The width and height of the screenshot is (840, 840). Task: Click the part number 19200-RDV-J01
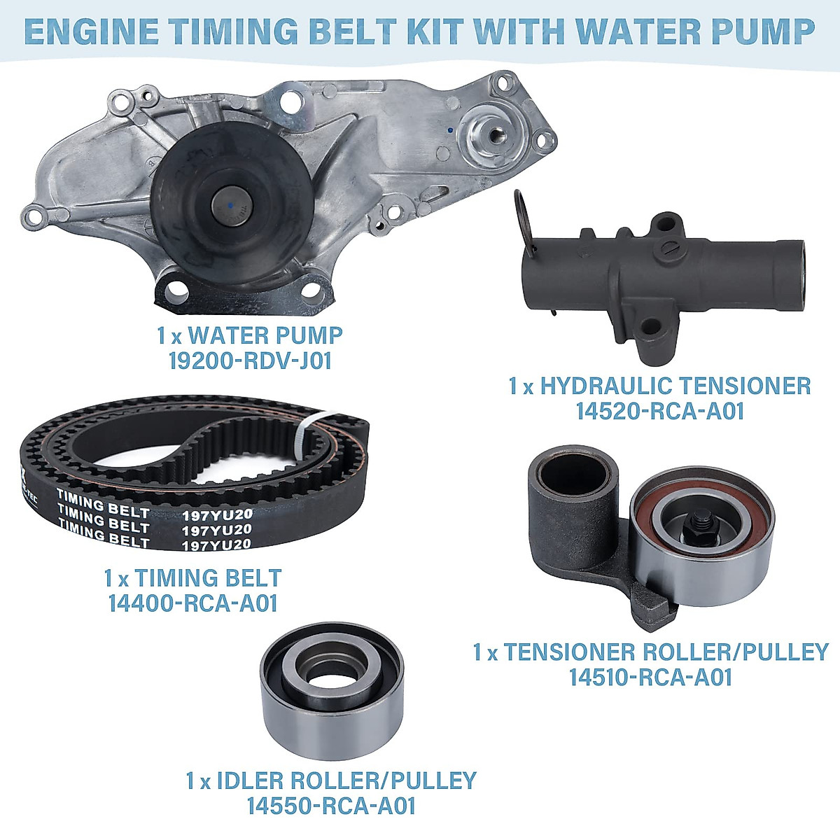(250, 361)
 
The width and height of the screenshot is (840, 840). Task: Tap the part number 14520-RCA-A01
(659, 411)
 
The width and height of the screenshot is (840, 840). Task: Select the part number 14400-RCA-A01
(192, 603)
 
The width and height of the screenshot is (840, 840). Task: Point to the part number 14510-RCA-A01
(650, 677)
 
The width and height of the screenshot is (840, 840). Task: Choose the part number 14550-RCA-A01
(331, 805)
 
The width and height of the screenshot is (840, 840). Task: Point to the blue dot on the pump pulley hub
(229, 204)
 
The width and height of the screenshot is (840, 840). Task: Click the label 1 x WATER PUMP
(250, 335)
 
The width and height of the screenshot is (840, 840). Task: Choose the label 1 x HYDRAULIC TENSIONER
(659, 385)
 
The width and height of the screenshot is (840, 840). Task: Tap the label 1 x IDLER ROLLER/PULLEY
(331, 780)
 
